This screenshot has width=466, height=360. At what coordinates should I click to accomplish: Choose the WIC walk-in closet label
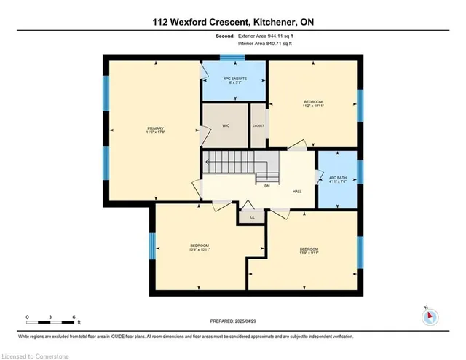226,126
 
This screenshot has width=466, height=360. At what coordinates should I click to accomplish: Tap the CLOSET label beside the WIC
258,126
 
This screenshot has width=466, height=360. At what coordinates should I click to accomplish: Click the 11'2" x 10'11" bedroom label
313,103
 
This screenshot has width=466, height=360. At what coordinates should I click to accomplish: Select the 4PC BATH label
337,180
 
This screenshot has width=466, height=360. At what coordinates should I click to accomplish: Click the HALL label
297,192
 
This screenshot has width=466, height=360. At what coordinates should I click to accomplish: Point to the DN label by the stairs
267,186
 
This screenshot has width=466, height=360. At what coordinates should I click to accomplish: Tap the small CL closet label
252,216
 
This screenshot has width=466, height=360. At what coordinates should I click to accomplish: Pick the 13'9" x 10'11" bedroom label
200,247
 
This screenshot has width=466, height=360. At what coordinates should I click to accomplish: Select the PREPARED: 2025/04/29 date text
234,321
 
